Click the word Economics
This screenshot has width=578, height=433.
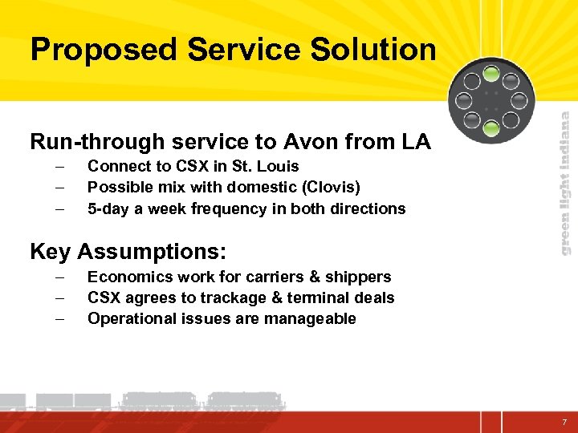pos(127,277)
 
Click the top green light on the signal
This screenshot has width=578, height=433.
pos(490,78)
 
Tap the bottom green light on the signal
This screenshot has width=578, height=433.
pos(490,123)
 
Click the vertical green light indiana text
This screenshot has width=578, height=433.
pos(565,183)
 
